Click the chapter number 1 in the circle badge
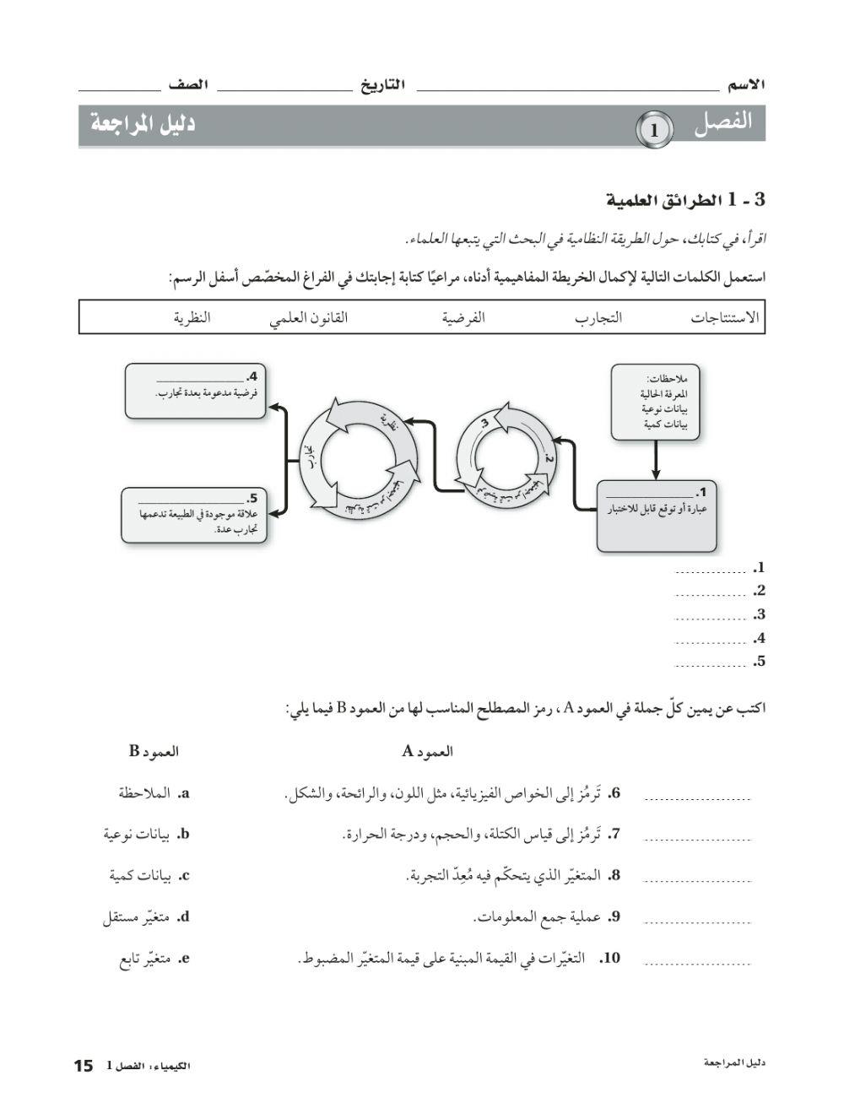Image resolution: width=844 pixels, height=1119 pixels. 654,131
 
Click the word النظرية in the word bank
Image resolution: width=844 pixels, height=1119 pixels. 192,318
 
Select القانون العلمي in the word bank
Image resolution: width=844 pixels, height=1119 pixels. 309,318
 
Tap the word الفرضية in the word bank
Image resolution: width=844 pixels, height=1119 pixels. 463,318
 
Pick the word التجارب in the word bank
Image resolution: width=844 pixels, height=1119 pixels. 598,318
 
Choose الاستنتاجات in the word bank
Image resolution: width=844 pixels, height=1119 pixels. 725,318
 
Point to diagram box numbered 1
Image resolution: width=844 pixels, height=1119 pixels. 657,515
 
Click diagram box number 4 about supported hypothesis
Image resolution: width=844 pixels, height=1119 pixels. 195,391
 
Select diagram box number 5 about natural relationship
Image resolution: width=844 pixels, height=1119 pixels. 193,515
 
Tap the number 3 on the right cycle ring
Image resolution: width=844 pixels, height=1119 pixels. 484,423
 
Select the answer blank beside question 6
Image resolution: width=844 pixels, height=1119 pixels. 697,796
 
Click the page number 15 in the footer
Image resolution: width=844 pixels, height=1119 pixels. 83,1066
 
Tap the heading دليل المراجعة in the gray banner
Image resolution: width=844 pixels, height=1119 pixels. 143,124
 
